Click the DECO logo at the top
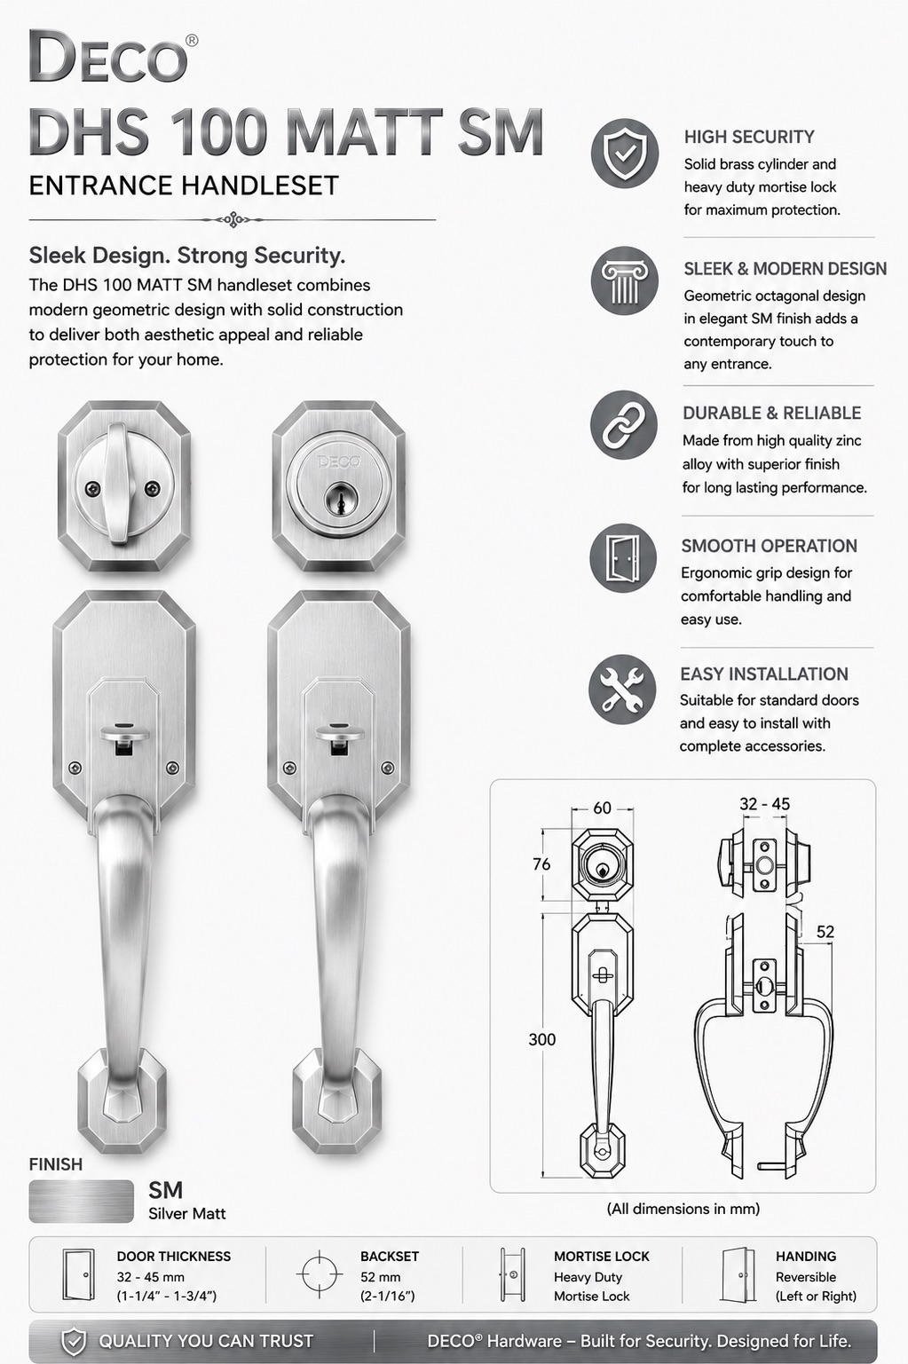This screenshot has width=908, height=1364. [114, 58]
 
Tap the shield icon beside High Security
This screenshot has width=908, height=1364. [624, 153]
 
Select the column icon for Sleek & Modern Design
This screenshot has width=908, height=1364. [624, 280]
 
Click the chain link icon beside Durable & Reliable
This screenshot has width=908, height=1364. [624, 424]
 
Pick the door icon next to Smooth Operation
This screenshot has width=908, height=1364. [623, 558]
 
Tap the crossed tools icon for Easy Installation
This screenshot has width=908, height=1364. [622, 689]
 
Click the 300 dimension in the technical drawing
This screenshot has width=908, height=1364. [541, 1039]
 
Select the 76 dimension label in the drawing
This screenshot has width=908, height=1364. [541, 864]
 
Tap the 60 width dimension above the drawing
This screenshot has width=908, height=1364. [602, 808]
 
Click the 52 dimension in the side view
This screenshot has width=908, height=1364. [825, 932]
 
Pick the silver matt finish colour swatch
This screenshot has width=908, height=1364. [81, 1202]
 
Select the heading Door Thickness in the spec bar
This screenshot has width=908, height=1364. [174, 1257]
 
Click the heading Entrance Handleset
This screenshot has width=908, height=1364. [184, 185]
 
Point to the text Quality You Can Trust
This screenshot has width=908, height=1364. [206, 1341]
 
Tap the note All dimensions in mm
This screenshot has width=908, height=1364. [683, 1209]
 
